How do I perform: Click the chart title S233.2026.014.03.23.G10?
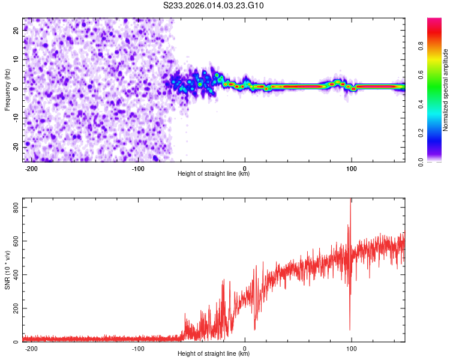tap(214, 6)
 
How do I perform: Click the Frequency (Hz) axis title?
tap(8, 89)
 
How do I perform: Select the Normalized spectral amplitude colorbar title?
tap(445, 90)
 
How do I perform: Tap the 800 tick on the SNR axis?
tap(14, 207)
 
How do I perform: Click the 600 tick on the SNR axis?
tap(14, 241)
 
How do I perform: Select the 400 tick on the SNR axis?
tap(14, 275)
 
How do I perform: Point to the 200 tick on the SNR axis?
tap(14, 308)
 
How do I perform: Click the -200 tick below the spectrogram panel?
tap(31, 167)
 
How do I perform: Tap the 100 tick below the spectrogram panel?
tap(352, 167)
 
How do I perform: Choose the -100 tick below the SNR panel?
tap(138, 348)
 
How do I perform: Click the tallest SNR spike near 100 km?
tap(350, 201)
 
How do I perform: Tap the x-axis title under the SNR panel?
tap(214, 354)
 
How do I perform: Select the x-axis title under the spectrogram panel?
tap(214, 174)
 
